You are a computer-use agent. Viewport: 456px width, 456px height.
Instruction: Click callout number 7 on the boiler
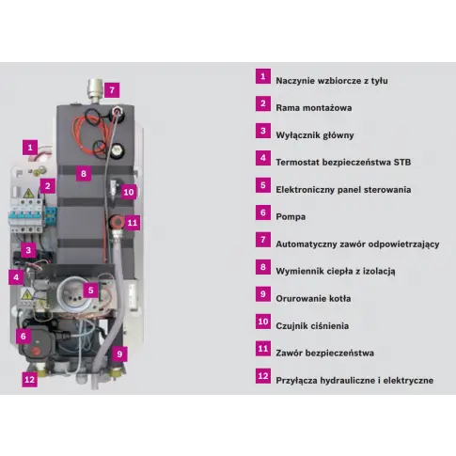112,90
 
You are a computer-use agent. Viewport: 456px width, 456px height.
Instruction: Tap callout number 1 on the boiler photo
30,148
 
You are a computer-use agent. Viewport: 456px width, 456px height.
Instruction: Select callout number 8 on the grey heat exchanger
84,173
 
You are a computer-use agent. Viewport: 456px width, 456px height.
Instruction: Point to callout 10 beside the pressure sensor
129,192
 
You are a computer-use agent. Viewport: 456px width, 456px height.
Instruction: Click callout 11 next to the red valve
133,223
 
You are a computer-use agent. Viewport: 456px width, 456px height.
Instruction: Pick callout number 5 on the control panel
90,291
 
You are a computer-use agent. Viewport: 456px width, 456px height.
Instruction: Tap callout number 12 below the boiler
29,380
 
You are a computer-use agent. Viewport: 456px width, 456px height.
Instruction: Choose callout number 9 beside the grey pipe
119,354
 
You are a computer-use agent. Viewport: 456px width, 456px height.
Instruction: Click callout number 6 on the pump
24,336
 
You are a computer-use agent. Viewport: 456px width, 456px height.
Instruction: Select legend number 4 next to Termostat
263,158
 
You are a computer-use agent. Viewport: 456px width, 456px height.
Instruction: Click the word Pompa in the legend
291,217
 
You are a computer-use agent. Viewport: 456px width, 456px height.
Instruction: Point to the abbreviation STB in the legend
401,163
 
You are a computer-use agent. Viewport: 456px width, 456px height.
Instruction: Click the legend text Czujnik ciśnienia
312,326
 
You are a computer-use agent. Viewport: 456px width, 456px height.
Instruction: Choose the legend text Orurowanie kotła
313,299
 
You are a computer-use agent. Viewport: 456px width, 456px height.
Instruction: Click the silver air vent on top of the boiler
95,89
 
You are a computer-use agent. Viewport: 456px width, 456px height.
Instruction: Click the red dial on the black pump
36,351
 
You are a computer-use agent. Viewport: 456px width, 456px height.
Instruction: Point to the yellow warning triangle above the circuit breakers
29,194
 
